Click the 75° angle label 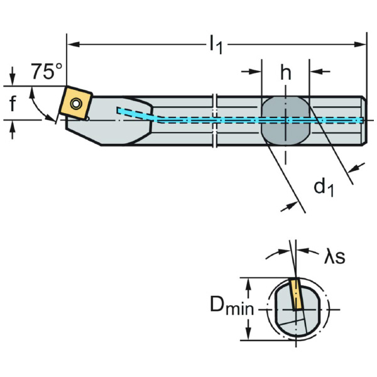[46, 72]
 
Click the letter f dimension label [13, 104]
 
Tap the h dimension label [286, 73]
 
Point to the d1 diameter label [323, 187]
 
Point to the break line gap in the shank [216, 119]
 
